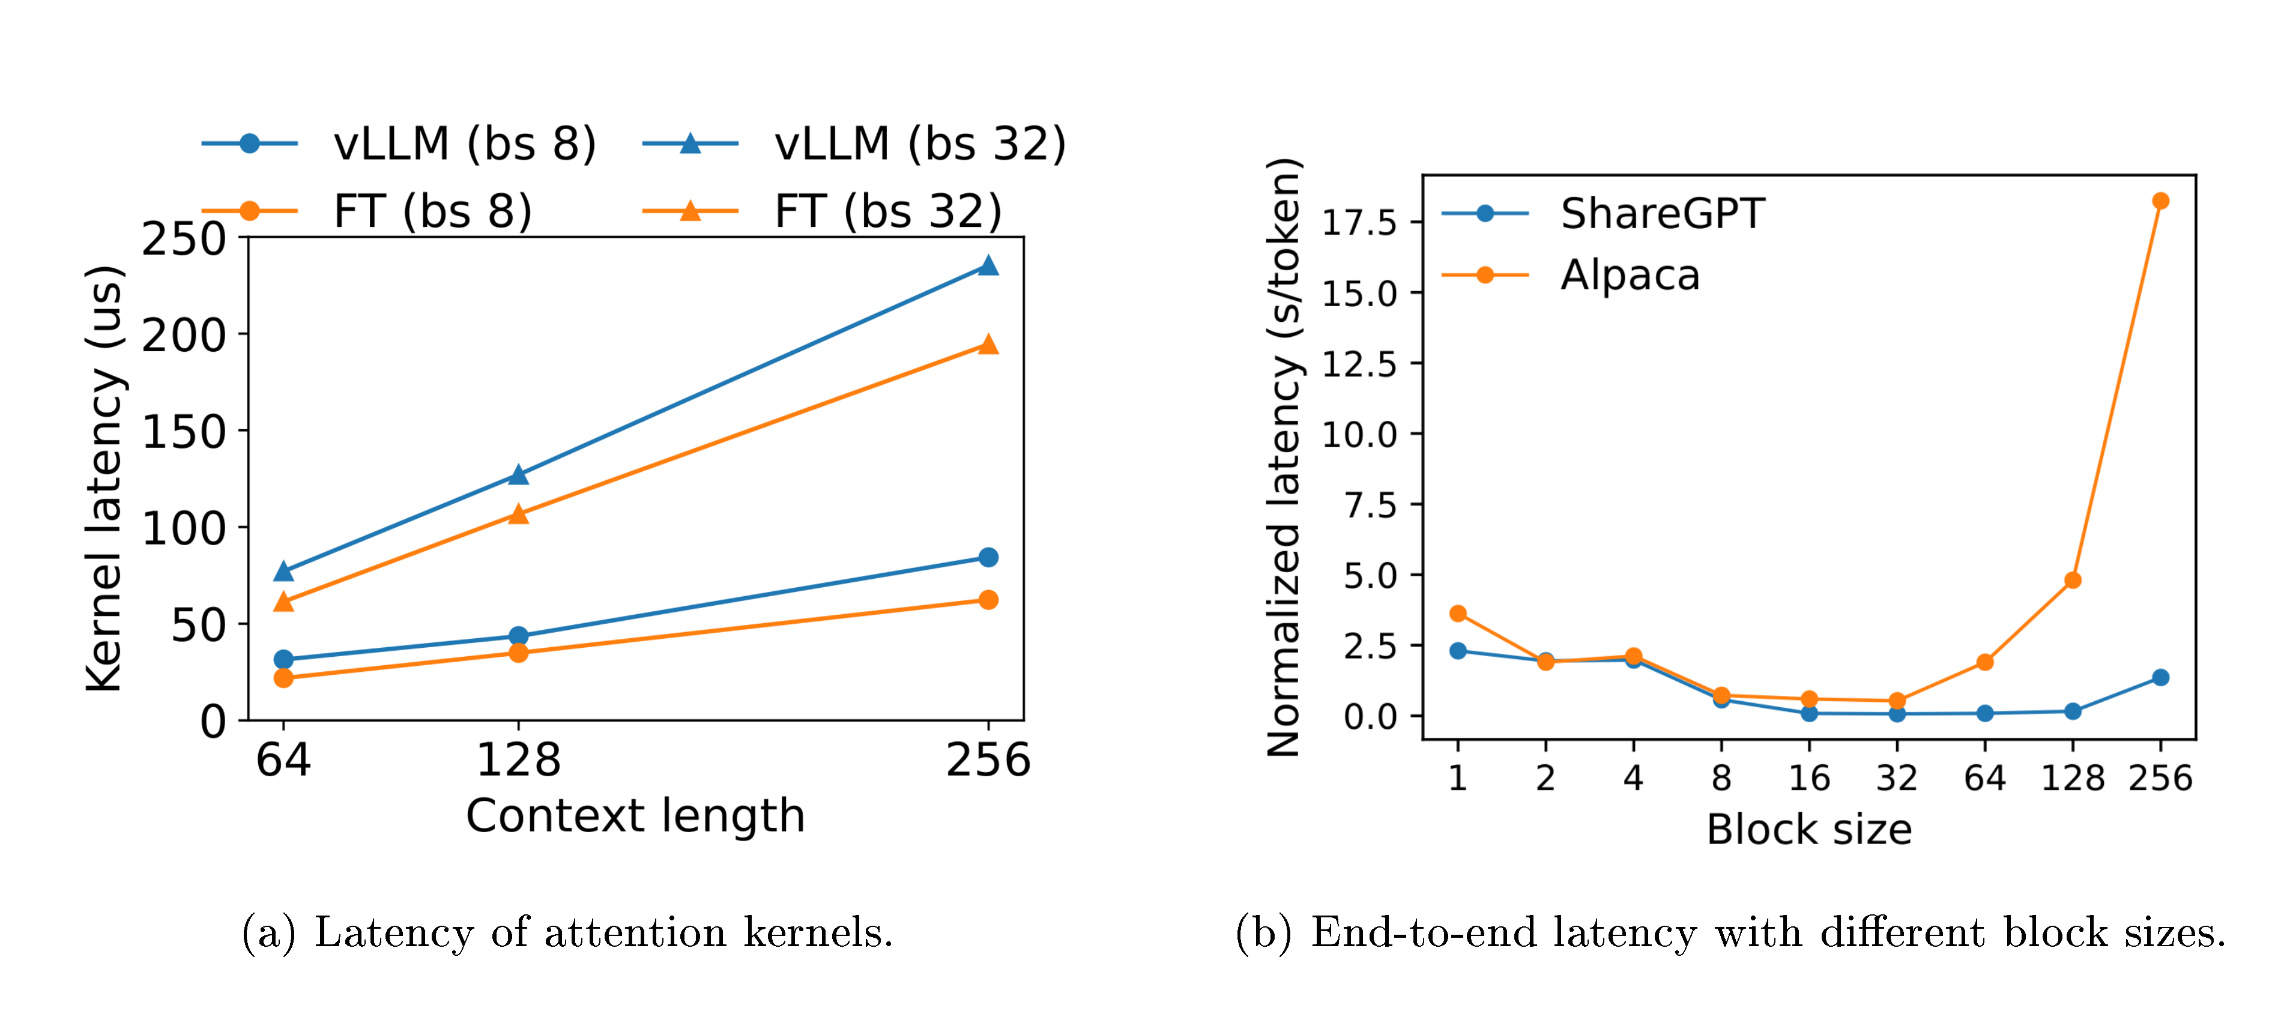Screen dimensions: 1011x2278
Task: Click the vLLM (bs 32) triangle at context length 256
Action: click(988, 266)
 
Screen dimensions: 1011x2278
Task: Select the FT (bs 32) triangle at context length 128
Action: click(518, 514)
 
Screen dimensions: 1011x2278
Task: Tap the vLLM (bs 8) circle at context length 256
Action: click(988, 557)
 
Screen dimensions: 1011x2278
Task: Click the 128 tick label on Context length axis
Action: click(518, 761)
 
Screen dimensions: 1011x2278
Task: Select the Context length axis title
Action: click(635, 815)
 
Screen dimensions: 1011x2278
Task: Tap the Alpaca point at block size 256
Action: click(2160, 201)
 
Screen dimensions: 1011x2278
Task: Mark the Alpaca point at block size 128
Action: click(2072, 580)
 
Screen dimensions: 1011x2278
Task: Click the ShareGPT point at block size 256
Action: click(2160, 678)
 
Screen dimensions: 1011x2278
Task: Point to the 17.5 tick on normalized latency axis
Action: click(1359, 222)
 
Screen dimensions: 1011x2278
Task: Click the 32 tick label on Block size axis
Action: click(1897, 779)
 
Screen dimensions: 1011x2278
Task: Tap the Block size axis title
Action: click(1808, 830)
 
